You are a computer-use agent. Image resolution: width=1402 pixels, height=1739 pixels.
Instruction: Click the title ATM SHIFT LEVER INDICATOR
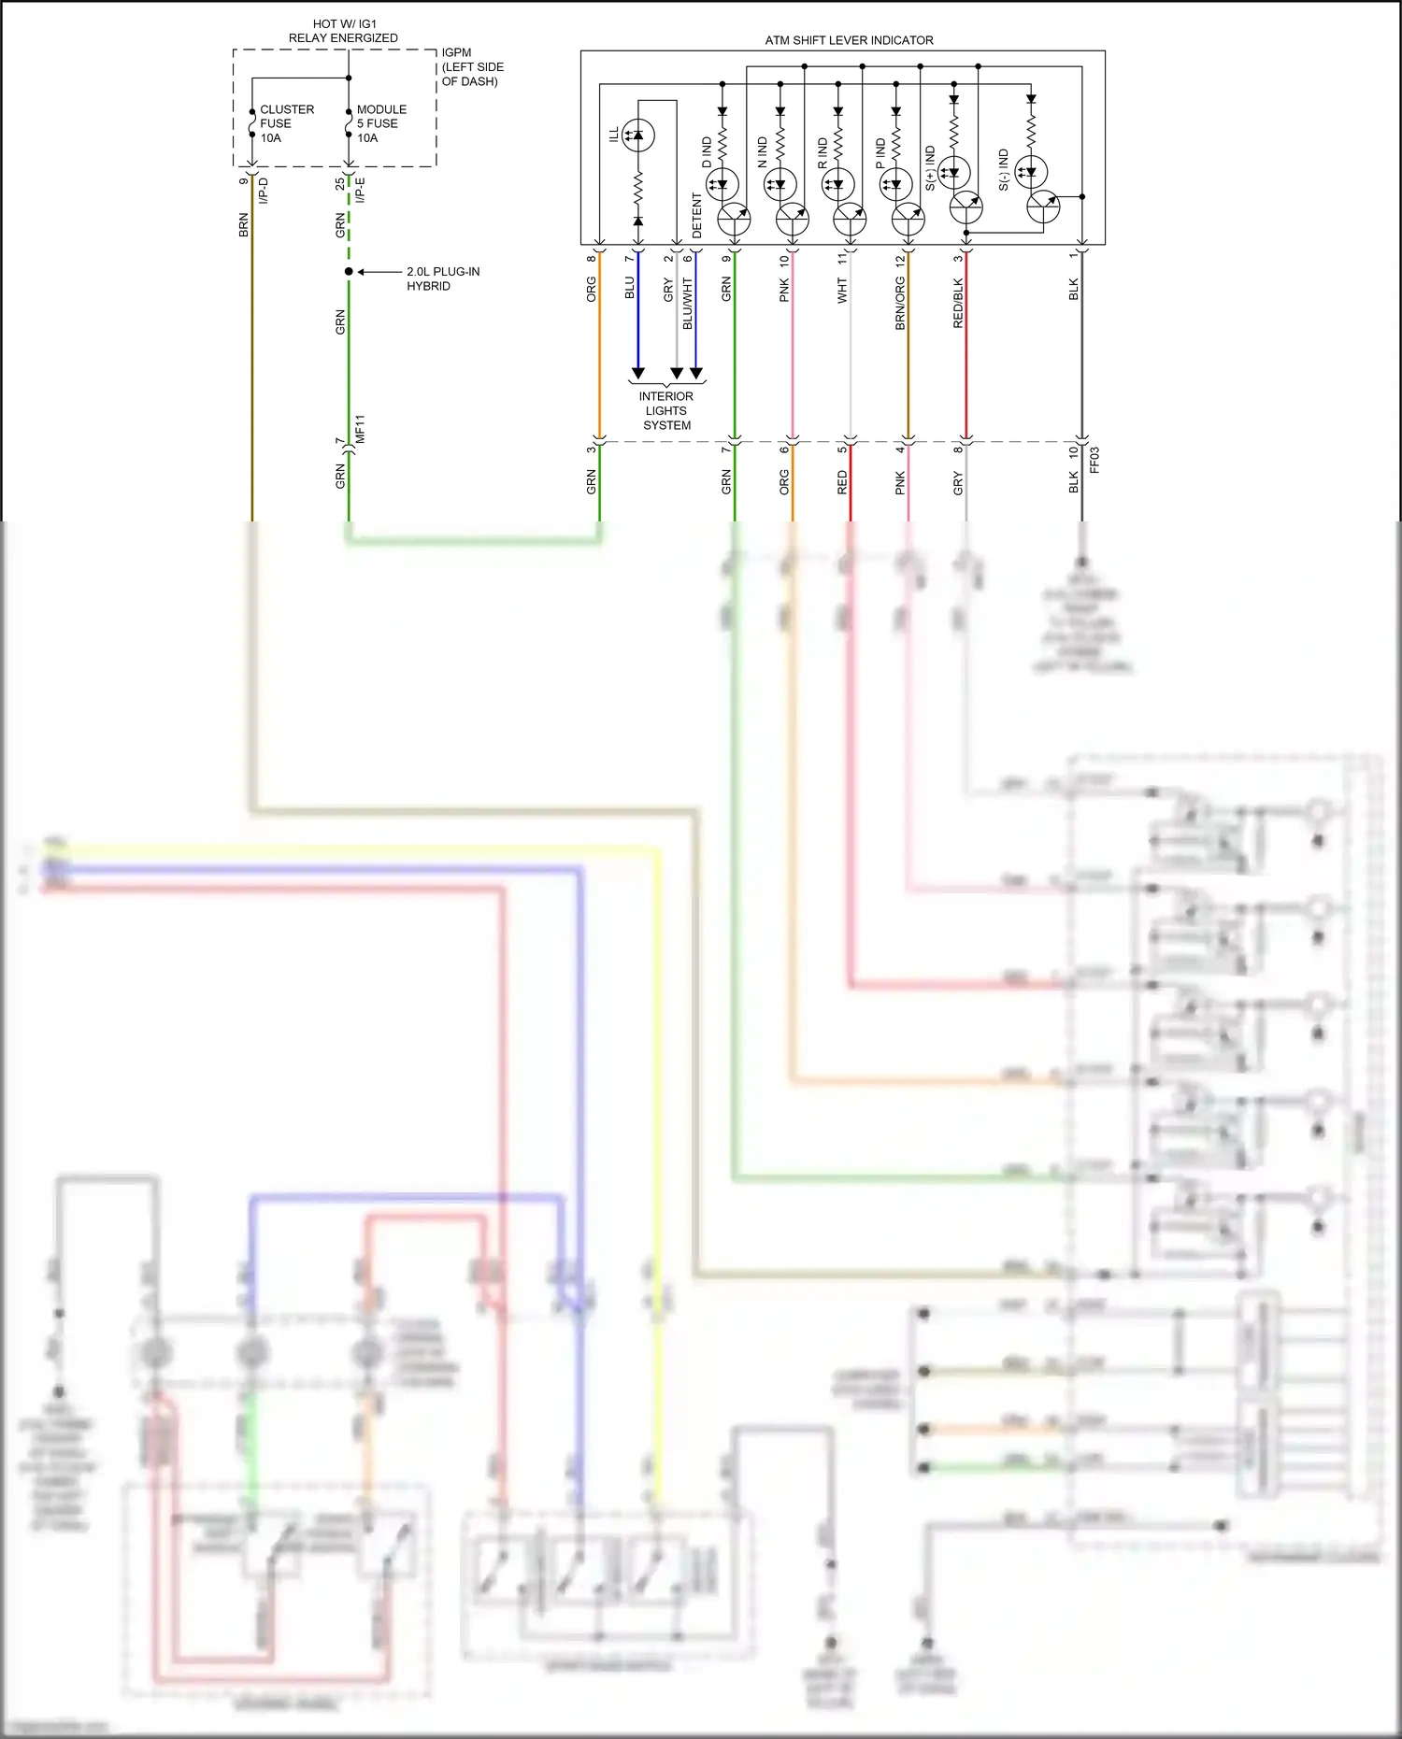(x=849, y=40)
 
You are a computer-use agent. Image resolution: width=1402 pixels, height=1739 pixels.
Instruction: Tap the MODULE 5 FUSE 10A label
(x=381, y=123)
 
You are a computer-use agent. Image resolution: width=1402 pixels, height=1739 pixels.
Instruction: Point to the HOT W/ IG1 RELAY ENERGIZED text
(x=343, y=31)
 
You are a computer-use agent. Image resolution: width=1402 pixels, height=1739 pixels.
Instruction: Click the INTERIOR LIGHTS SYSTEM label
(x=666, y=410)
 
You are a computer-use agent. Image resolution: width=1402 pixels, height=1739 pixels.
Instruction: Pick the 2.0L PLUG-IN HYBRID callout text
(x=443, y=278)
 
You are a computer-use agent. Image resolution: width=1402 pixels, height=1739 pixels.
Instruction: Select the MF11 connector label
(x=360, y=429)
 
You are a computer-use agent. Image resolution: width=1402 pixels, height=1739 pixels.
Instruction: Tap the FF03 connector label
(x=1094, y=460)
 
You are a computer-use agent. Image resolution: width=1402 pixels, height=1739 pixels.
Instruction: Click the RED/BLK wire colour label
(x=958, y=303)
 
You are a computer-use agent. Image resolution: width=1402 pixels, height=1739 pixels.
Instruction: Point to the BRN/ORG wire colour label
(x=900, y=303)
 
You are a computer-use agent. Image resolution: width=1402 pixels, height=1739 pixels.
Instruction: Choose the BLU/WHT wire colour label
(x=688, y=303)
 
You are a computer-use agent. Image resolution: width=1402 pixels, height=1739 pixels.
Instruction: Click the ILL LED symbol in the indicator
(x=637, y=135)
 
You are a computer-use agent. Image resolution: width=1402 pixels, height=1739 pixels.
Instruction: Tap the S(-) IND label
(x=1004, y=169)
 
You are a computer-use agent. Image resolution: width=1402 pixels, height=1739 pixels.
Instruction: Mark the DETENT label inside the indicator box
(x=697, y=215)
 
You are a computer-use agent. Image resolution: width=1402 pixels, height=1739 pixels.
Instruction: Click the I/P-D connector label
(x=264, y=191)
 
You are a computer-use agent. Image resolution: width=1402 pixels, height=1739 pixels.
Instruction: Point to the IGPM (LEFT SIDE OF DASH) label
(x=472, y=67)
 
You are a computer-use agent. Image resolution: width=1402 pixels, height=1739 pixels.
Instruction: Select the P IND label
(x=880, y=153)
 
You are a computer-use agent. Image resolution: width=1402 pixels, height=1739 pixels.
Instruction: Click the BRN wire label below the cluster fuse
(x=244, y=224)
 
